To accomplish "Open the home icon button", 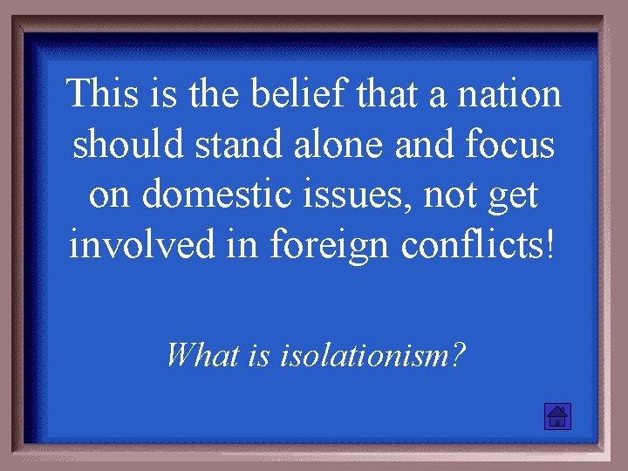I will (556, 416).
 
